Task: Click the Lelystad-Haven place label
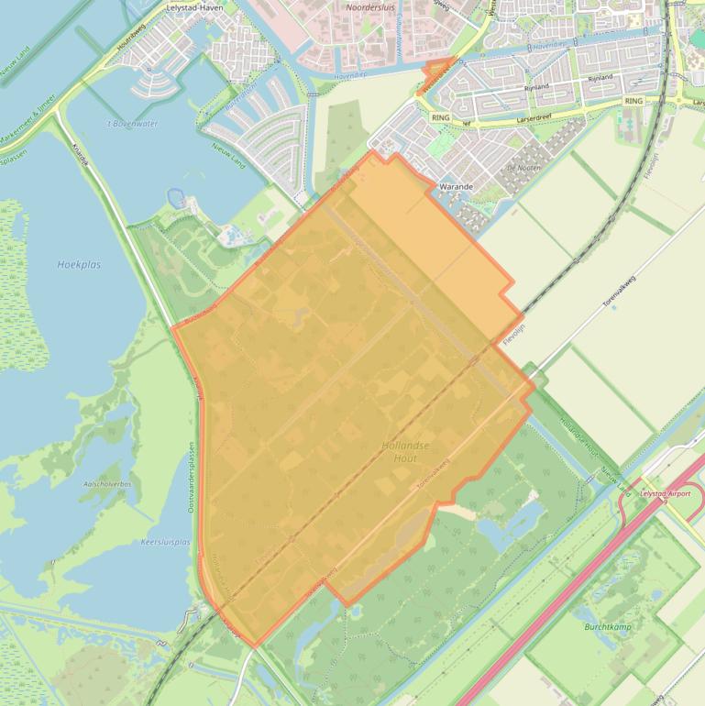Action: (195, 6)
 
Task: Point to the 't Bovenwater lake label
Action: (132, 123)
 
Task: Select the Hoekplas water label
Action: (79, 264)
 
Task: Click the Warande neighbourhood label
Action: (456, 186)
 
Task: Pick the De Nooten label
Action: (520, 169)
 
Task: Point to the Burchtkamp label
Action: (608, 626)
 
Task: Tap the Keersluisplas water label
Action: (165, 542)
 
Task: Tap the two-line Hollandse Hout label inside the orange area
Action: (404, 450)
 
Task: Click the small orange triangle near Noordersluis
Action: (437, 68)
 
